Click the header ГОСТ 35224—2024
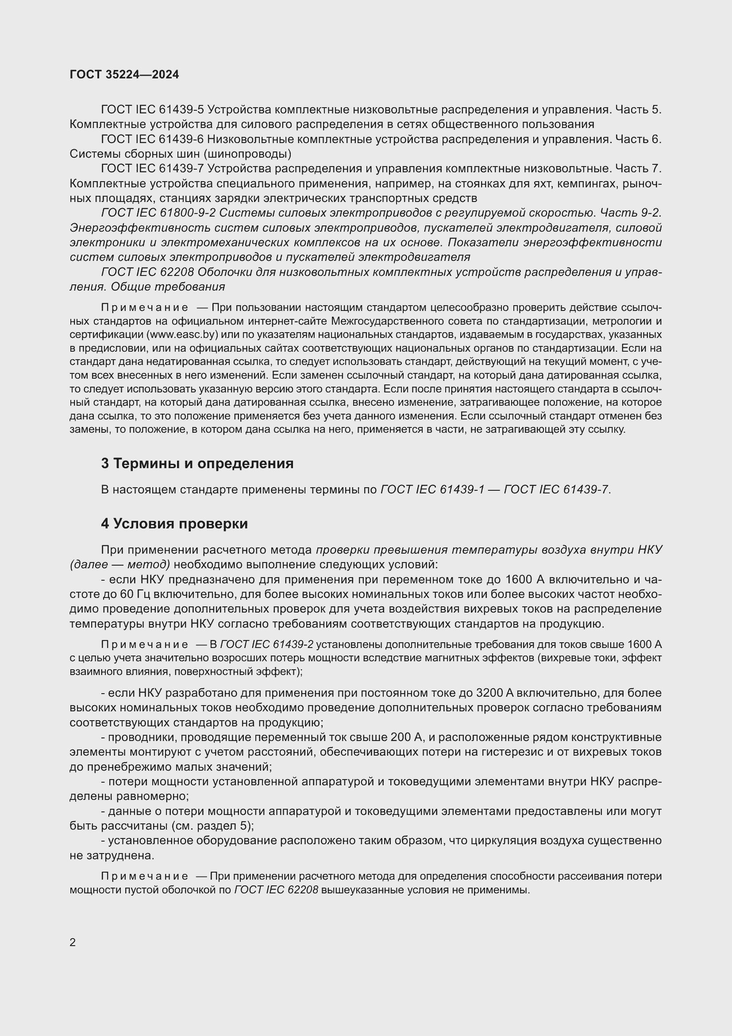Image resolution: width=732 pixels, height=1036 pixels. click(x=124, y=74)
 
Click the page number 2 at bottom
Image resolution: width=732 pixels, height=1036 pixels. click(x=73, y=942)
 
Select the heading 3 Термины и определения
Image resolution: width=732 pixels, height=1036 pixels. click(x=197, y=463)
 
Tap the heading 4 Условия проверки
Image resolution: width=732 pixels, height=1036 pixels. click(x=174, y=524)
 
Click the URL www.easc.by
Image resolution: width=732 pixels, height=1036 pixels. click(x=182, y=335)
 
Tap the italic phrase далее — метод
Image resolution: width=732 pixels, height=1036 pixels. click(x=120, y=564)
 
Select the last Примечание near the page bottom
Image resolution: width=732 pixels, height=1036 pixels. click(x=144, y=876)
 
